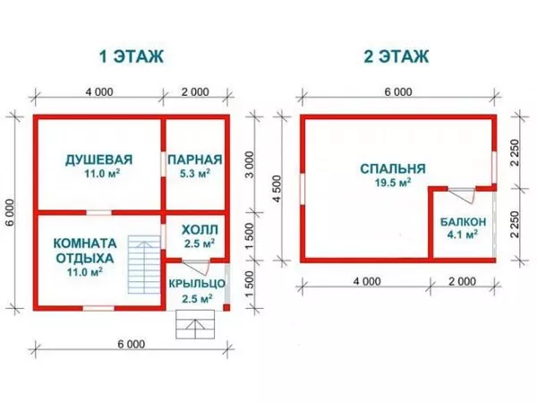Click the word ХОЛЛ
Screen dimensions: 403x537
(194, 229)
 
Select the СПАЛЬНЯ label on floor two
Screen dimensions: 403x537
(392, 168)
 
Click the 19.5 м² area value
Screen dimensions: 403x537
(392, 182)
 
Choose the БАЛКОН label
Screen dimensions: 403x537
(463, 222)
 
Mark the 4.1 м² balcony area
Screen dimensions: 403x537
(463, 236)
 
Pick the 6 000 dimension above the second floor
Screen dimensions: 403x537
(398, 93)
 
